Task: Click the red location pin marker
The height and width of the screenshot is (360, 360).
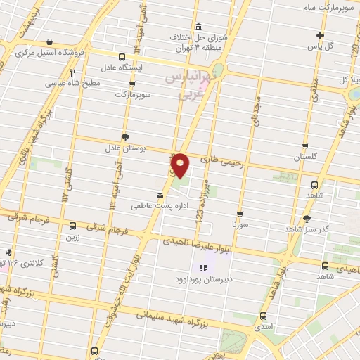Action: (181, 165)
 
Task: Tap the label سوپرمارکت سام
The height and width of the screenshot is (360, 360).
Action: (326, 7)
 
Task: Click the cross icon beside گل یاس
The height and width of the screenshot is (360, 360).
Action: (321, 35)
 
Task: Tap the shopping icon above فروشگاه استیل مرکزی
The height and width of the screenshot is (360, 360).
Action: (49, 42)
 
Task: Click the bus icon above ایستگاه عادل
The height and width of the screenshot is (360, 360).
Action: (123, 57)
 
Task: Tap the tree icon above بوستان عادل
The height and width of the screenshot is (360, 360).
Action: (125, 137)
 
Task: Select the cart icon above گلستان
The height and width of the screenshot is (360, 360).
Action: (304, 146)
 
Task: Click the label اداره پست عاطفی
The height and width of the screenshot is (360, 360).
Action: (149, 207)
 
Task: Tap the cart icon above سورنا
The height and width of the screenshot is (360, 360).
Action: (240, 214)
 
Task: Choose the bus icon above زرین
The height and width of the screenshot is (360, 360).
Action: (73, 226)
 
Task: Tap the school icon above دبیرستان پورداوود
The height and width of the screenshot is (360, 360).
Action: (204, 268)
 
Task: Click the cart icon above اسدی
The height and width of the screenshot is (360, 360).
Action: (263, 316)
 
